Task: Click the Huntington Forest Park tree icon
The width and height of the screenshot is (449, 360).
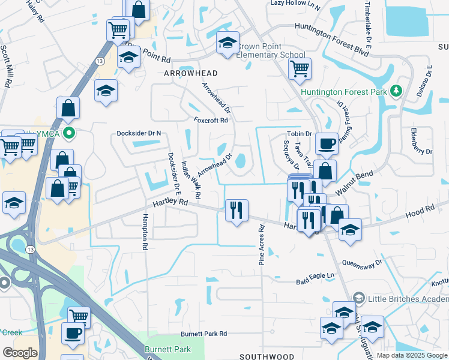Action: [x=396, y=91]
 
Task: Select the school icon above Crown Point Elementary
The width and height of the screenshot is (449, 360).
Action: [x=228, y=43]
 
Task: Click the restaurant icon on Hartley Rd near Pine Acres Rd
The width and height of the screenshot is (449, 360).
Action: [x=237, y=210]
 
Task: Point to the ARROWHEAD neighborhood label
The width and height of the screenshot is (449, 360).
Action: [x=191, y=73]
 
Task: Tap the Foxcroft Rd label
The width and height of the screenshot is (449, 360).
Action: [x=211, y=120]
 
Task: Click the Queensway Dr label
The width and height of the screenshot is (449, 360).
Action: [x=362, y=263]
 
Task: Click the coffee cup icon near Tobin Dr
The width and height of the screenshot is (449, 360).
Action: [x=327, y=143]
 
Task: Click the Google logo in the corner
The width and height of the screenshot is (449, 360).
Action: [x=20, y=353]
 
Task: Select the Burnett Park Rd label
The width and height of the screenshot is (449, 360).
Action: [x=204, y=334]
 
